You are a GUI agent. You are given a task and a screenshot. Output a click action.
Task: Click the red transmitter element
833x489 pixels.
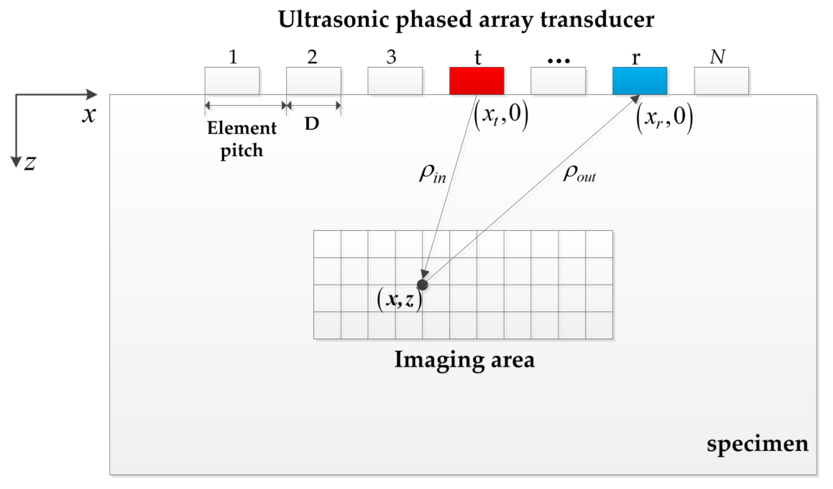476,81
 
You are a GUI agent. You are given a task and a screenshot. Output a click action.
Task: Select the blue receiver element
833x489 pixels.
640,81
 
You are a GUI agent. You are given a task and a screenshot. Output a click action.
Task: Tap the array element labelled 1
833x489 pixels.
232,81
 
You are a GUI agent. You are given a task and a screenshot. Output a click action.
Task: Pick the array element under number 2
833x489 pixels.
313,81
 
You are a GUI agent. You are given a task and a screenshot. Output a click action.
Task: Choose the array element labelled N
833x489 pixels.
721,81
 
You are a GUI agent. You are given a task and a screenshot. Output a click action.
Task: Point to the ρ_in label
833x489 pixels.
433,175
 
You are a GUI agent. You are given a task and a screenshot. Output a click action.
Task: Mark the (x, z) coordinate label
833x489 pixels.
400,301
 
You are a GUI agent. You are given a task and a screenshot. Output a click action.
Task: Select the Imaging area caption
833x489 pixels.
464,360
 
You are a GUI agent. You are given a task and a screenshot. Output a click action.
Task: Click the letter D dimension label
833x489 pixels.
312,124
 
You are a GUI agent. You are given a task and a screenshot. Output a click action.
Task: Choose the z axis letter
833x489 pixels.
30,163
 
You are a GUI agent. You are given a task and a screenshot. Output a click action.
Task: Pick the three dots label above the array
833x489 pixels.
558,61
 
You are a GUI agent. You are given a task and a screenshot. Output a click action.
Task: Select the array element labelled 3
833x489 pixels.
395,81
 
